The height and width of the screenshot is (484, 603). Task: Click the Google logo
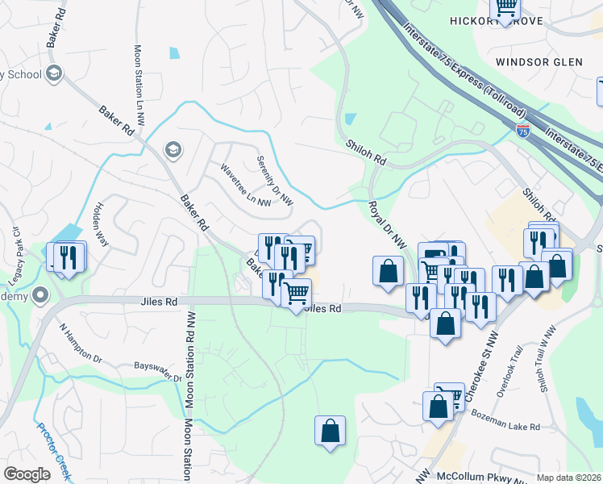coord(27,474)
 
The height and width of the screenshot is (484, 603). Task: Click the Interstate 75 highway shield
coord(523,128)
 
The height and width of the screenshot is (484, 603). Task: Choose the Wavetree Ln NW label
coord(246,186)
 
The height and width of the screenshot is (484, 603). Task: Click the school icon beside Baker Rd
coord(172,149)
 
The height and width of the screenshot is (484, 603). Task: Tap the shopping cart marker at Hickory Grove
coord(505,10)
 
